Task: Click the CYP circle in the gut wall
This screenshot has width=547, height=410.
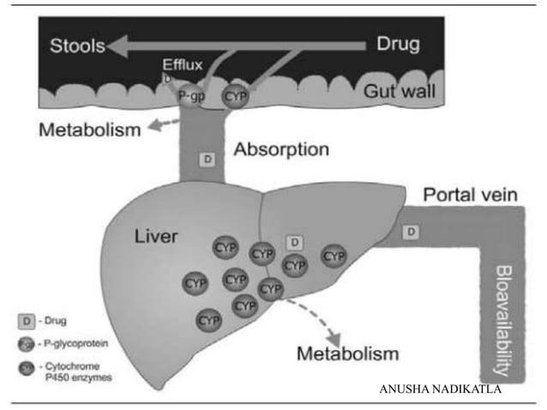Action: click(x=235, y=96)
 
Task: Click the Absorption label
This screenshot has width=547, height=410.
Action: click(x=281, y=149)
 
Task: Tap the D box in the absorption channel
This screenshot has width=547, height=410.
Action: click(x=206, y=159)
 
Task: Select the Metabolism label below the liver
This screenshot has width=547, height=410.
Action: click(x=347, y=353)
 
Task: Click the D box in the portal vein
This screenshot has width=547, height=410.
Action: click(x=412, y=232)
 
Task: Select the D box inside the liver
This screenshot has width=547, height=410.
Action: click(x=294, y=244)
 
